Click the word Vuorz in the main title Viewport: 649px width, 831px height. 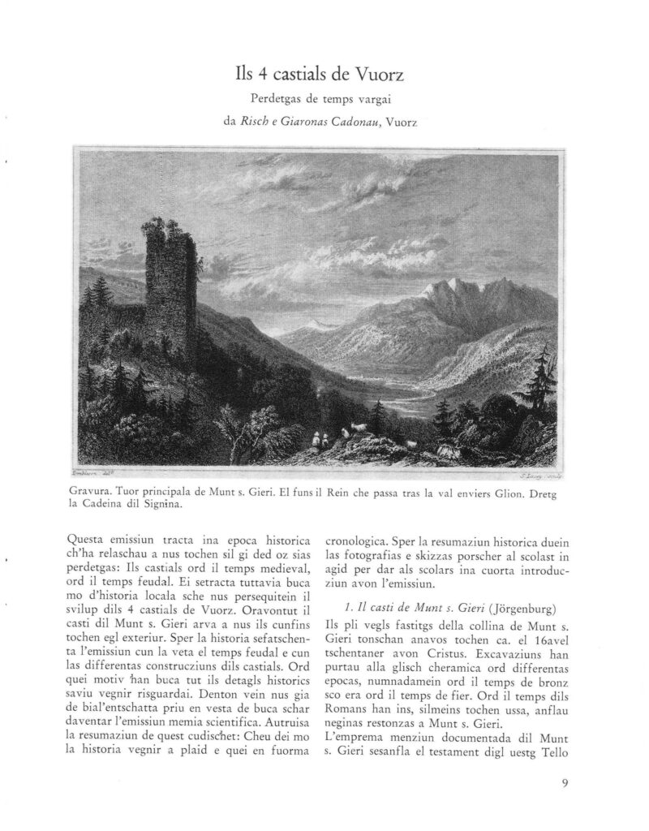376,76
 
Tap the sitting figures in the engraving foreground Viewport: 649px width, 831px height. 321,440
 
